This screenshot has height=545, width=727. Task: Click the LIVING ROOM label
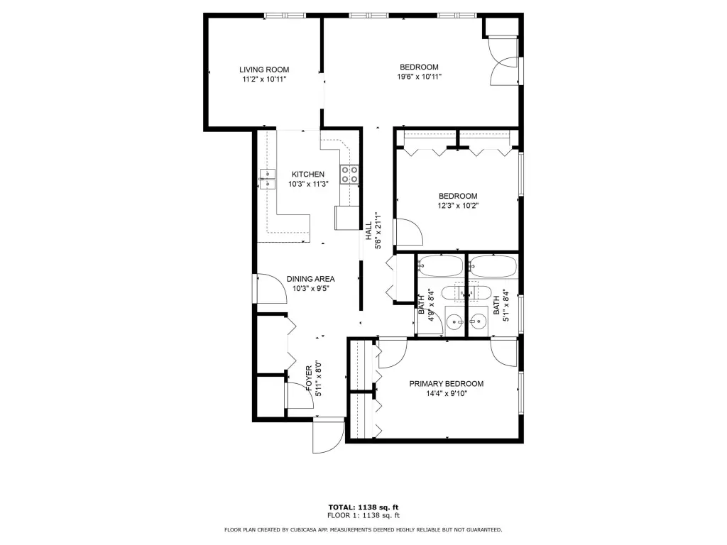coord(264,70)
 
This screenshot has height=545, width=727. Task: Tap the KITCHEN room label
coord(308,175)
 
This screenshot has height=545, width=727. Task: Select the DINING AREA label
coord(311,279)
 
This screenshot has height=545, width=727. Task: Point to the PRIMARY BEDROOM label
coord(446,384)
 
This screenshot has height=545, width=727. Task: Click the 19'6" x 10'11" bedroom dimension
coord(419,77)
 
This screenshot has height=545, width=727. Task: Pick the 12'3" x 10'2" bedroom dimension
coord(458,206)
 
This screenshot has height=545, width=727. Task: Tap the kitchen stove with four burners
coord(349,175)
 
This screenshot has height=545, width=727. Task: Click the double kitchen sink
coord(267,180)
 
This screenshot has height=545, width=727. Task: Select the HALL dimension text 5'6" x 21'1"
coord(378,231)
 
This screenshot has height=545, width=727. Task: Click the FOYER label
coord(310,379)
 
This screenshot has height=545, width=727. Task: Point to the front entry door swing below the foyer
coord(328,436)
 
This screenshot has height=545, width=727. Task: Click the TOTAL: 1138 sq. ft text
coord(363,507)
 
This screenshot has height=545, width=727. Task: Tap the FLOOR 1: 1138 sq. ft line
coord(363,515)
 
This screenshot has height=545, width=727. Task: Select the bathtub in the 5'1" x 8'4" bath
coord(493,267)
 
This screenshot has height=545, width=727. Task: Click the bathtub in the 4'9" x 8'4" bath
coord(440,267)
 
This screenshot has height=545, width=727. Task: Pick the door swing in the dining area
coord(271,288)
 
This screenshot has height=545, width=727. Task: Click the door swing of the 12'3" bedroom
coord(408,232)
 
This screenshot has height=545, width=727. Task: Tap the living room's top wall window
coord(285,16)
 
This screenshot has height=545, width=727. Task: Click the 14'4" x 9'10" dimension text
coord(447,394)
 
